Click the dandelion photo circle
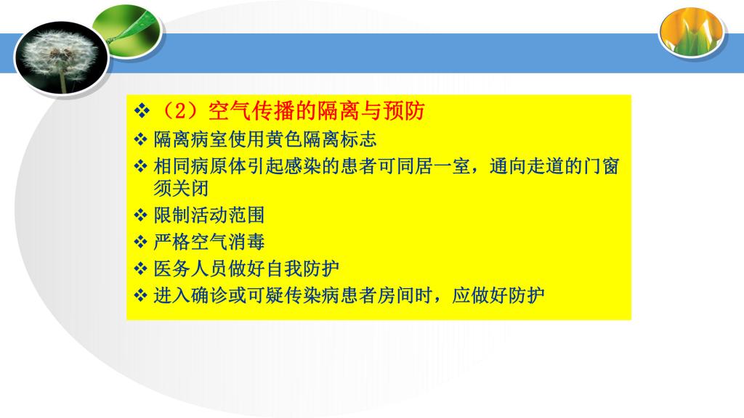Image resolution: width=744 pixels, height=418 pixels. click(62, 57)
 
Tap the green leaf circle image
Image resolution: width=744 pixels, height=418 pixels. click(128, 31)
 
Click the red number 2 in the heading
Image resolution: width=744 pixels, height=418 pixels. click(180, 111)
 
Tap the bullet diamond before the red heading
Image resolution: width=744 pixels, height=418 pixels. click(142, 112)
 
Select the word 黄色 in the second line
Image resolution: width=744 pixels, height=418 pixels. click(284, 139)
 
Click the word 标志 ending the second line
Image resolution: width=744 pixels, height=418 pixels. click(359, 139)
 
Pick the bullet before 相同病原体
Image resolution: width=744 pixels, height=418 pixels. click(140, 166)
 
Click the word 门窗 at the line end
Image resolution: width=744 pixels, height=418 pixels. click(601, 166)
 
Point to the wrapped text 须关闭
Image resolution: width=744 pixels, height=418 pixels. click(181, 188)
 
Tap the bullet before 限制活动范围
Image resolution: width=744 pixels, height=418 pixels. click(140, 215)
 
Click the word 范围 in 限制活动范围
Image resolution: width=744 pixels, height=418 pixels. click(247, 215)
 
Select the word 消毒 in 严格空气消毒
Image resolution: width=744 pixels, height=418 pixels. click(247, 242)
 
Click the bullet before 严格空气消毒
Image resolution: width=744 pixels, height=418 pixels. click(140, 242)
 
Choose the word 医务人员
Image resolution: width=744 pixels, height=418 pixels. click(190, 269)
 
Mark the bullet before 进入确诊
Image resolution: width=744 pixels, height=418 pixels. click(140, 296)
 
